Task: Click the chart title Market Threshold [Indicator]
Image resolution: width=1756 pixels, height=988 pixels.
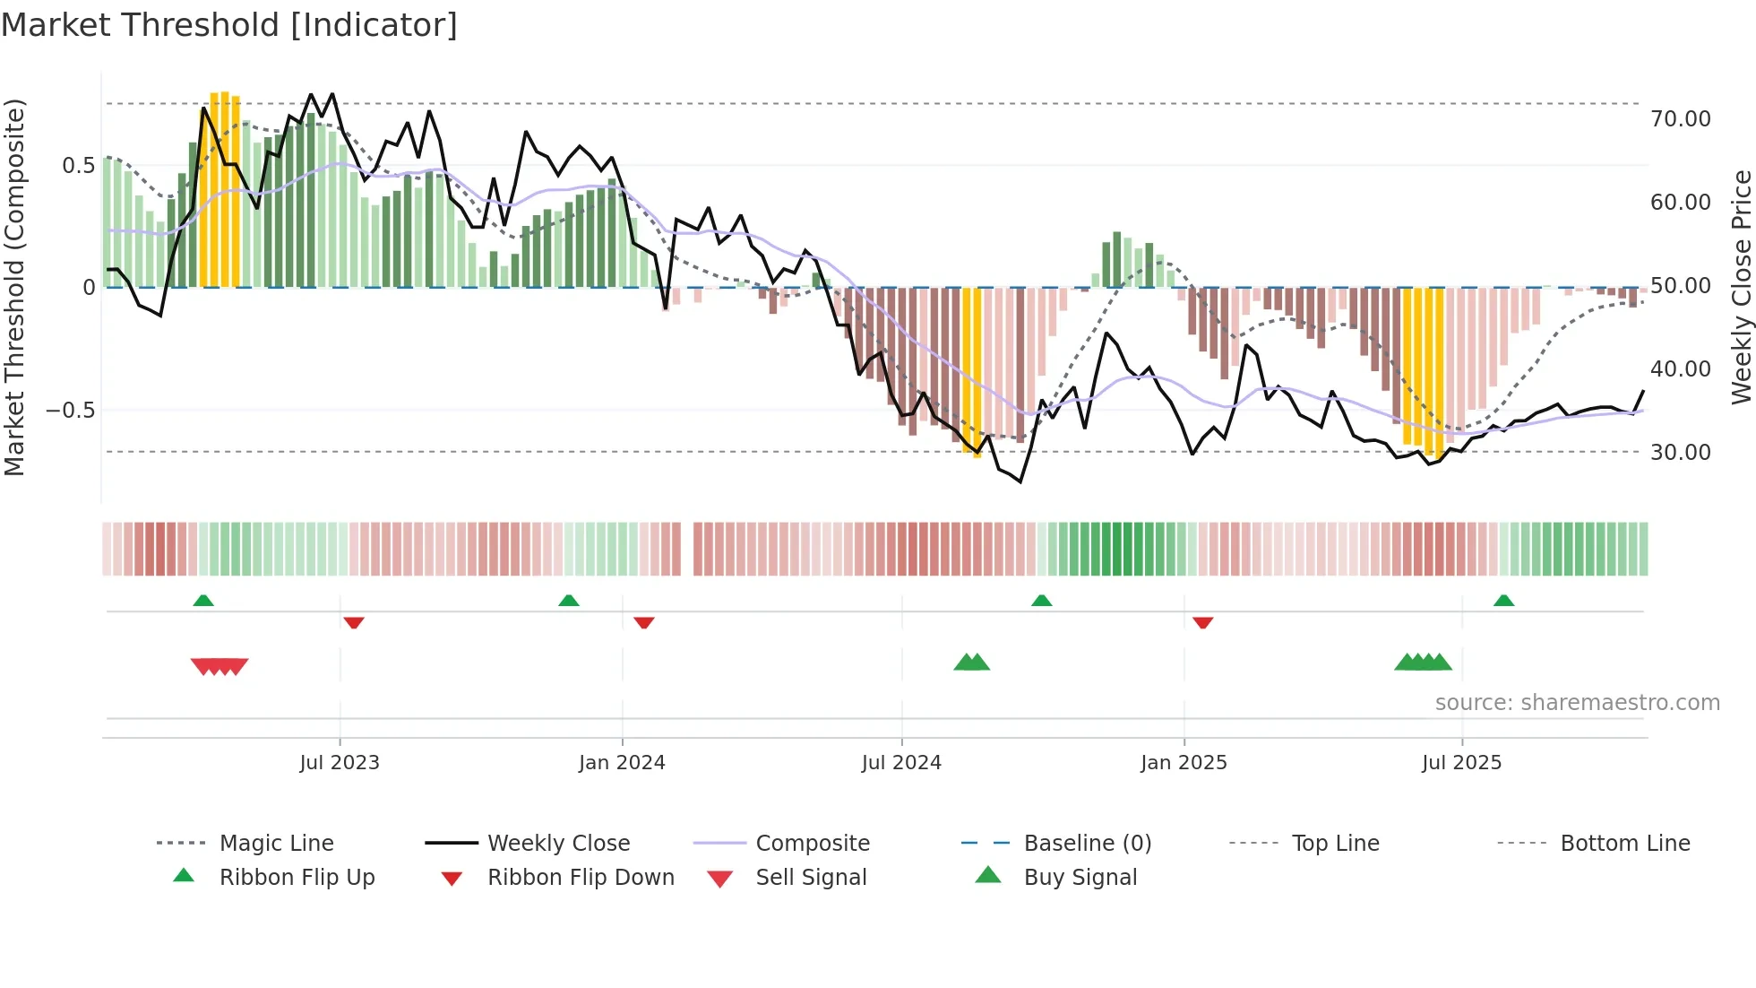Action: (229, 25)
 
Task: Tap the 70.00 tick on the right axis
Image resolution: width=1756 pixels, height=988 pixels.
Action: (1680, 119)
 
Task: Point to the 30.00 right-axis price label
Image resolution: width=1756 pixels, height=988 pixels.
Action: (1680, 453)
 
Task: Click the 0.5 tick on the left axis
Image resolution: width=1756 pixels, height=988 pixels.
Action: (78, 166)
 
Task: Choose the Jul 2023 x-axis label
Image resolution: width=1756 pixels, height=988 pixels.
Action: (340, 763)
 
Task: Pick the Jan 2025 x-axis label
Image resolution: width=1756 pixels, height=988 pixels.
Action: (1184, 763)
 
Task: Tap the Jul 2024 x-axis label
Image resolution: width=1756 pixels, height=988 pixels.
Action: (901, 763)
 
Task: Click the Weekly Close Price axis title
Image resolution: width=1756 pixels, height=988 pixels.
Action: (1741, 287)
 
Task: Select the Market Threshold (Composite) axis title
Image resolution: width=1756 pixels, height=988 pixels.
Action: (14, 287)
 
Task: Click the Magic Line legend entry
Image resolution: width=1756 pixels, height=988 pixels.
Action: (276, 844)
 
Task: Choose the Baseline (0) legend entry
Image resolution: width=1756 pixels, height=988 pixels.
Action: (1087, 844)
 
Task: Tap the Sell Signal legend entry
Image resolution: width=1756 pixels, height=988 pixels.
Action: (811, 878)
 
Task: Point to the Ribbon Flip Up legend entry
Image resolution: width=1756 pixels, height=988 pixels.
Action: (297, 878)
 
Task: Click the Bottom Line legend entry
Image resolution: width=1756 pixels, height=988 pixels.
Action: (1624, 844)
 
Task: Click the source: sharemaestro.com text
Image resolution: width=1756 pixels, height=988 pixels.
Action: (1577, 703)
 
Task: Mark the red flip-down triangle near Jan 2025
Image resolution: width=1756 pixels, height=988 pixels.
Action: (1203, 622)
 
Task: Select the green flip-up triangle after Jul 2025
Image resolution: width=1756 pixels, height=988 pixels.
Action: (1503, 601)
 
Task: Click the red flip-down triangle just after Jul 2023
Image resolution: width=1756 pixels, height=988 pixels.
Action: (354, 622)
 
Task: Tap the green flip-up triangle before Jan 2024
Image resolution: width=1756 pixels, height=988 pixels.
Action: (569, 601)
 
